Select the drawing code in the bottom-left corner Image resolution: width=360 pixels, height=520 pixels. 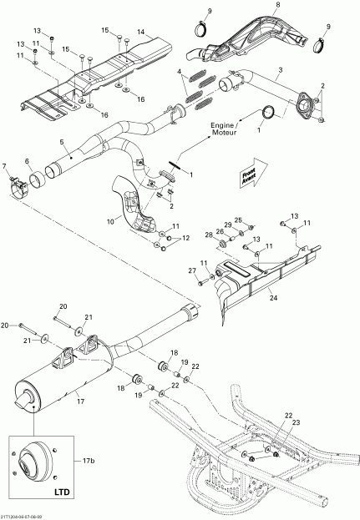point(26,516)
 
